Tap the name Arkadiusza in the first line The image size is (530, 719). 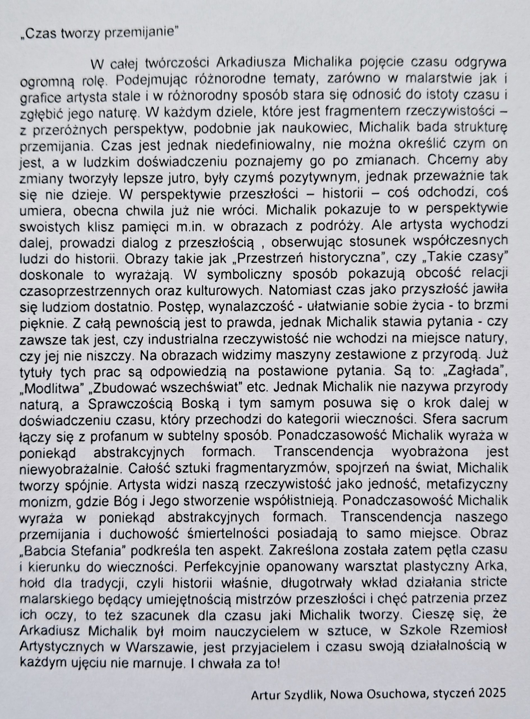(251, 62)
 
